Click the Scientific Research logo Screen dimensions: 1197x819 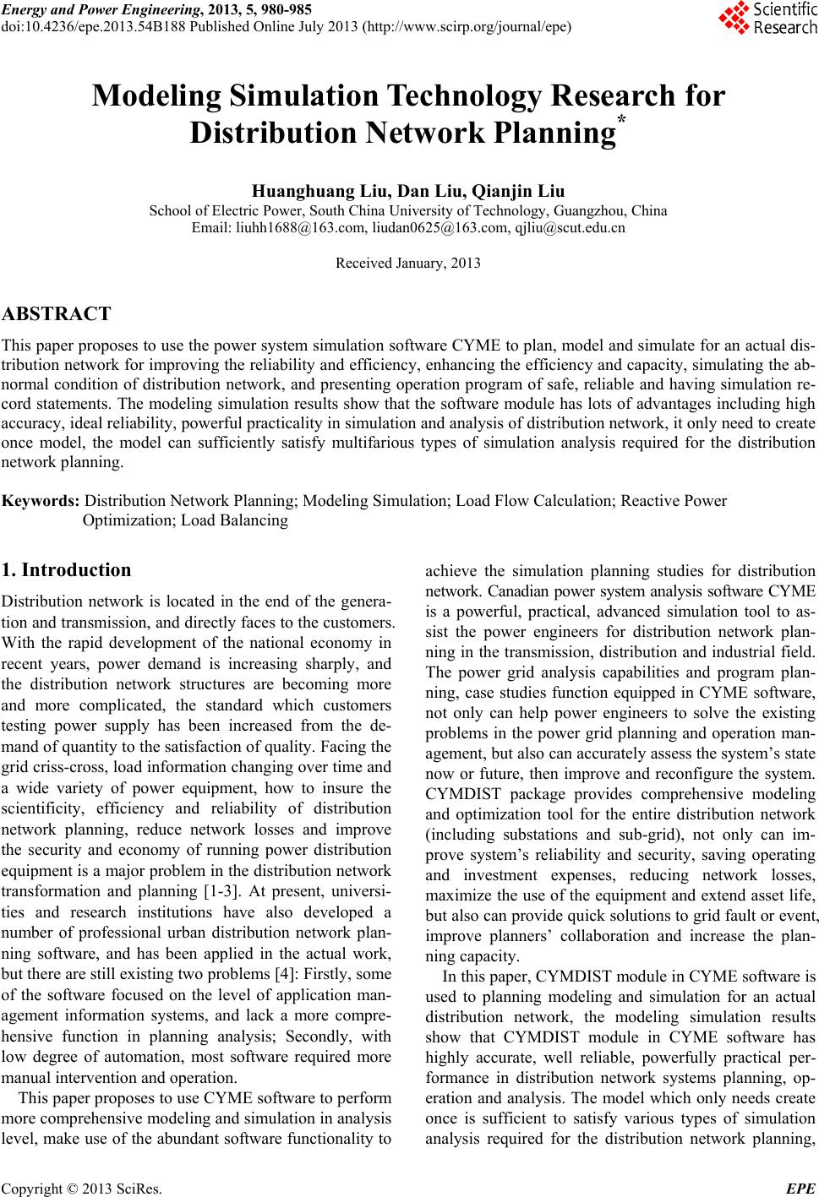point(767,19)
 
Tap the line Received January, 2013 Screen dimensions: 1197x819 point(408,263)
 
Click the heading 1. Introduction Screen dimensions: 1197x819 point(66,570)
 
